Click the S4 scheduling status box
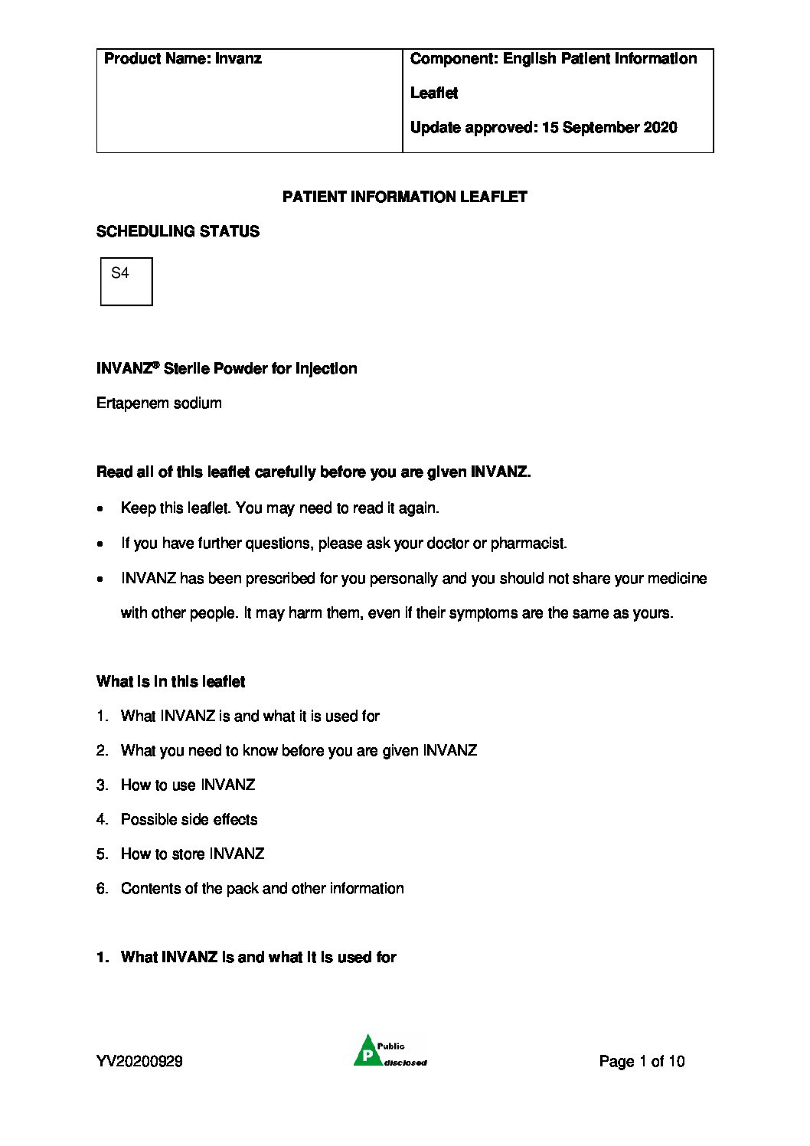126,281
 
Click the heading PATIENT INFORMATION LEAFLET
404,197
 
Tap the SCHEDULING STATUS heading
178,231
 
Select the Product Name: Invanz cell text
182,59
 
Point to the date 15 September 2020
609,128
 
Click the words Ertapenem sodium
159,403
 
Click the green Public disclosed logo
390,1051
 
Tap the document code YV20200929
139,1061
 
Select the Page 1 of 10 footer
642,1061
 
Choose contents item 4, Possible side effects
189,820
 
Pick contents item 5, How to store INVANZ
192,854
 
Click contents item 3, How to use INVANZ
188,785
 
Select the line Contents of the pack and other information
262,889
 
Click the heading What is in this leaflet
171,682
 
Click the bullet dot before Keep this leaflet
101,509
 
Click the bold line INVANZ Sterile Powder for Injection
227,369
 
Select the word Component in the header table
452,59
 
